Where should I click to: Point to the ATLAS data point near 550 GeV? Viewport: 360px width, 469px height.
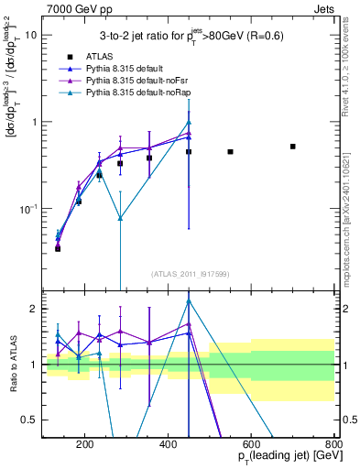[230, 152]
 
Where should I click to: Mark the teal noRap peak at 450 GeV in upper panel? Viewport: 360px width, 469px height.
[189, 123]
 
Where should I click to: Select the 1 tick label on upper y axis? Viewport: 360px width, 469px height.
[34, 122]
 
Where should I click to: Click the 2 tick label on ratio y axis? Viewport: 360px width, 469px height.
[34, 309]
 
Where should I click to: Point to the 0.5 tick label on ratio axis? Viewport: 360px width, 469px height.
[29, 420]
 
